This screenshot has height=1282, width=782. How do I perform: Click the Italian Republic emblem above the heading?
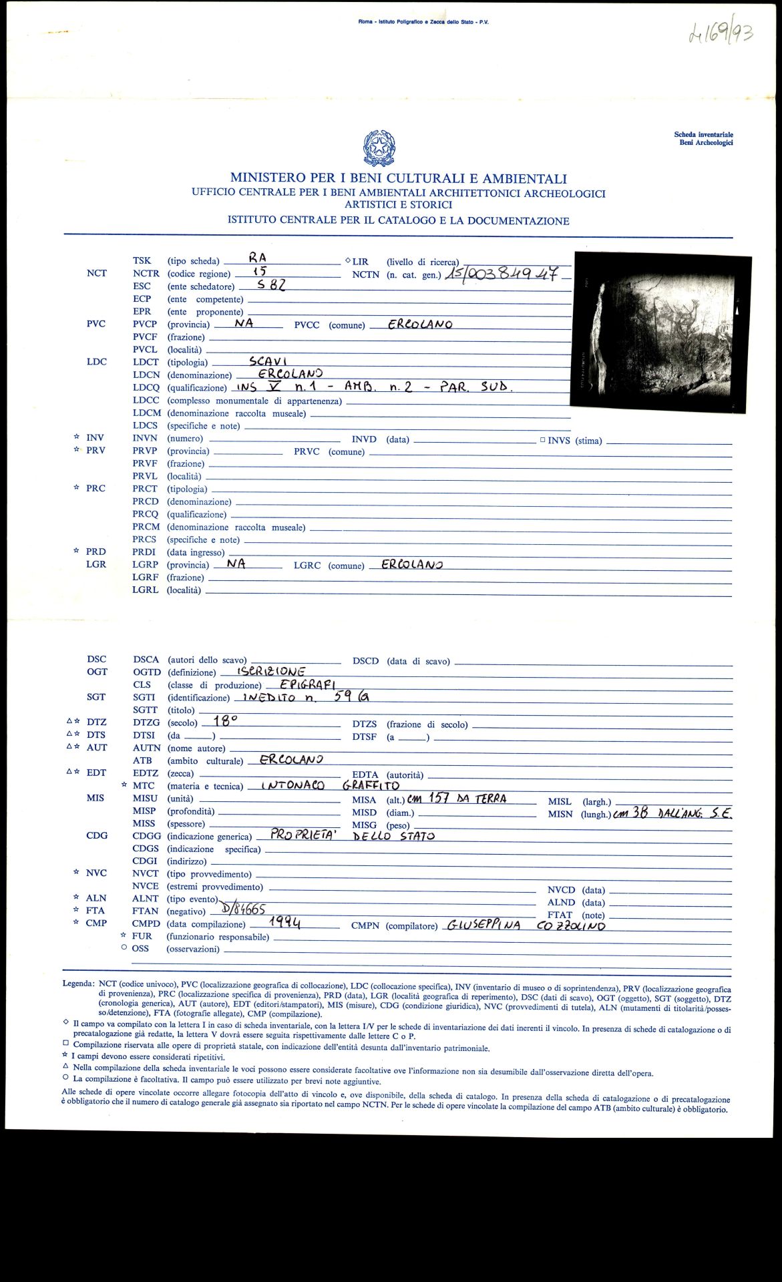379,148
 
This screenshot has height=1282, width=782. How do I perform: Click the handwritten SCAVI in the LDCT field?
268,361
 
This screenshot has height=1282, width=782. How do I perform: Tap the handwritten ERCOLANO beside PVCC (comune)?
411,325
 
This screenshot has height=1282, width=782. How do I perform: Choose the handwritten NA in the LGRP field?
236,564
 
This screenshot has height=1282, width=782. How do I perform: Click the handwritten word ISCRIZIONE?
271,671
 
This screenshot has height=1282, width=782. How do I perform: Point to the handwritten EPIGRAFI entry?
307,684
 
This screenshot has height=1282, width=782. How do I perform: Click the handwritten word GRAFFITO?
371,785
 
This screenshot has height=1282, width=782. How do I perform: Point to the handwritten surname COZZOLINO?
571,925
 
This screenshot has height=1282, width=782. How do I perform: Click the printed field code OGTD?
147,672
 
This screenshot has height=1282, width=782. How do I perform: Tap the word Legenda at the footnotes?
78,984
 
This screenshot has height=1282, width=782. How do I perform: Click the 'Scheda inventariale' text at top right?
703,135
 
